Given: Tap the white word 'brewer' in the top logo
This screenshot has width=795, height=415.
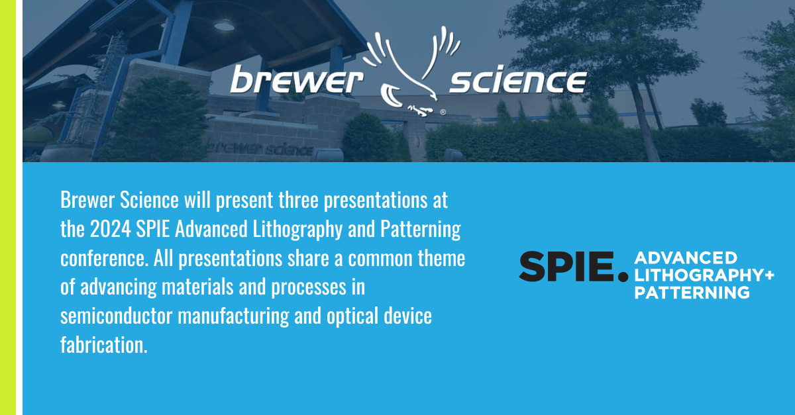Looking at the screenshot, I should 296,82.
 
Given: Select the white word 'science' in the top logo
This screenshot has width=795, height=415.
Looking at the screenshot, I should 517,81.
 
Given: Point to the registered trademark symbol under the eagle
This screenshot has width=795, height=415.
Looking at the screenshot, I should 442,113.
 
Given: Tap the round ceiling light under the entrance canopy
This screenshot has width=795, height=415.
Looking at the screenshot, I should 224,25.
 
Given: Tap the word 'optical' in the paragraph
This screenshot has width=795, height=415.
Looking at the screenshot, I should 349,316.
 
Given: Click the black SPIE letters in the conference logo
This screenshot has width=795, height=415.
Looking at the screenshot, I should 566,266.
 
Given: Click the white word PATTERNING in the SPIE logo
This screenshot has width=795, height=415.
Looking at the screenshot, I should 692,293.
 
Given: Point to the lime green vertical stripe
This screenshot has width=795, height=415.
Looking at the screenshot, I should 7,207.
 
